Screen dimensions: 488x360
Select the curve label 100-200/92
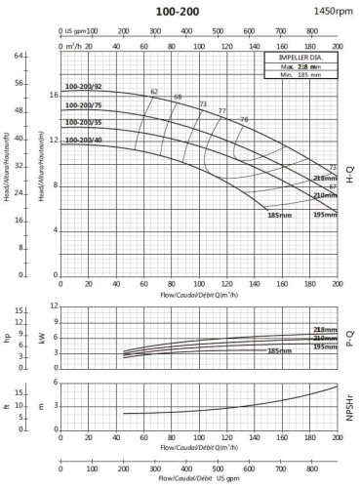click(x=84, y=88)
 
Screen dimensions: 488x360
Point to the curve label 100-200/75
click(x=84, y=105)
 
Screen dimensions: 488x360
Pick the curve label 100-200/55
click(x=84, y=123)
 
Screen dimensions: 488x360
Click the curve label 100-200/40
click(x=84, y=141)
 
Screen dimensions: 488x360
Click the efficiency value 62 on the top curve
click(x=154, y=92)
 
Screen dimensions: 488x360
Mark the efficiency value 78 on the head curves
click(x=244, y=119)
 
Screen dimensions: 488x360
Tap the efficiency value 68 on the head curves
click(x=178, y=97)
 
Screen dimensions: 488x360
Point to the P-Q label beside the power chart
click(x=348, y=338)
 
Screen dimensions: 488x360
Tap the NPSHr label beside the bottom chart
click(x=348, y=403)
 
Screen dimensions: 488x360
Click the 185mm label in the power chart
click(x=279, y=351)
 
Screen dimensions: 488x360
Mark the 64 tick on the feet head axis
click(x=19, y=56)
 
